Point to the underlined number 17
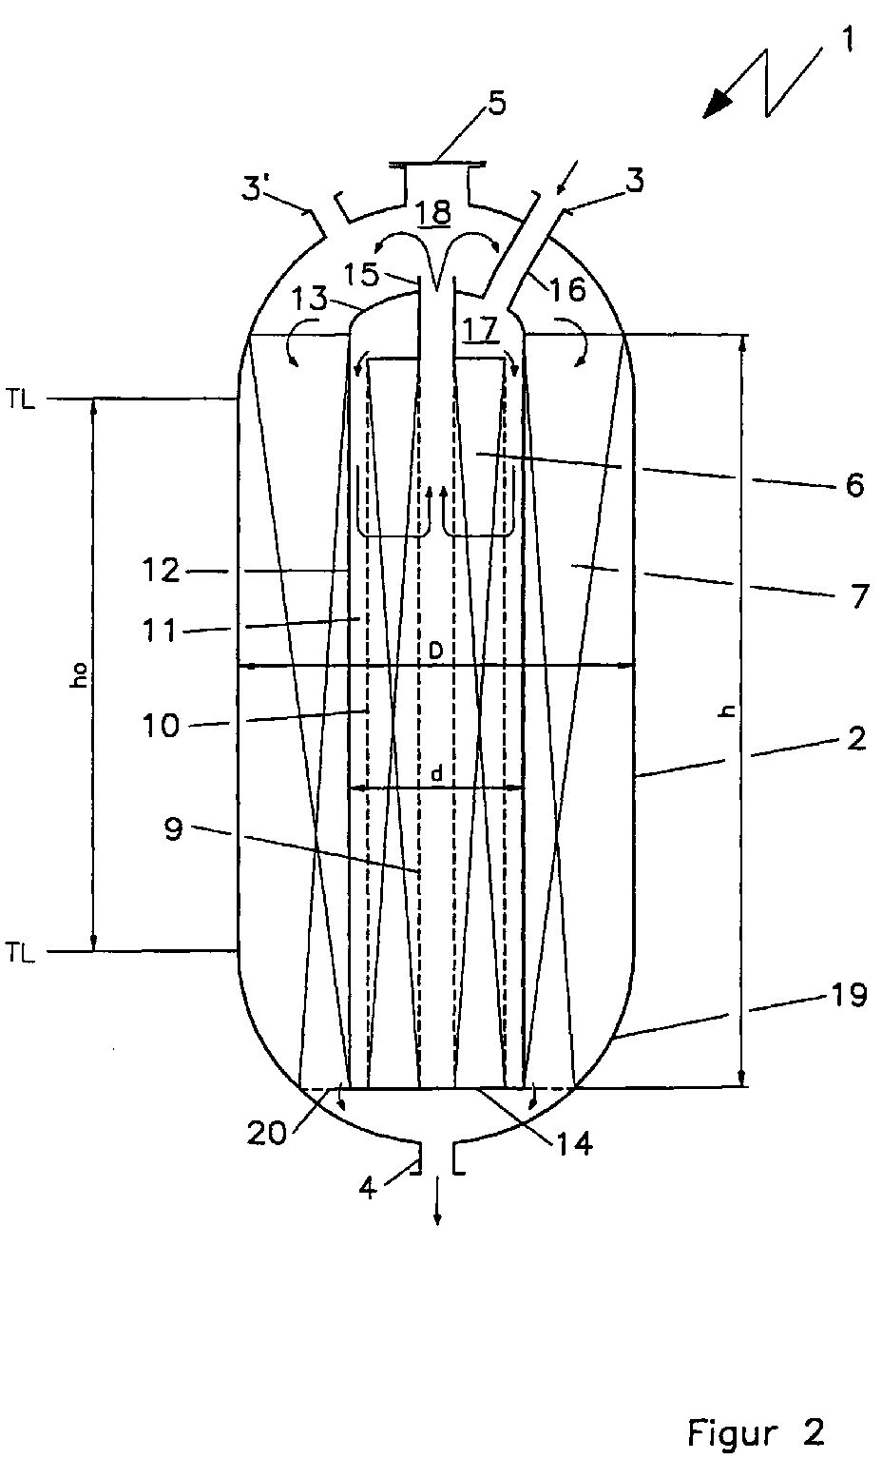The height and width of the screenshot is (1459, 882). [x=481, y=329]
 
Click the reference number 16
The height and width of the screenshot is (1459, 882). [x=566, y=289]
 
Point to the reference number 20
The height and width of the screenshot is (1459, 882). [x=268, y=1134]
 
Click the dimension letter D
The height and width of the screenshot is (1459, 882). [x=433, y=651]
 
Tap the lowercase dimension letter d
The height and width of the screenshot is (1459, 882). [x=436, y=775]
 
